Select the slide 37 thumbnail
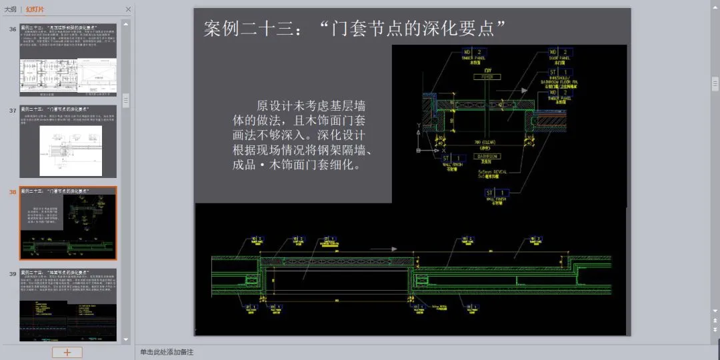pyautogui.click(x=68, y=141)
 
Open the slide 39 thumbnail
pyautogui.click(x=68, y=305)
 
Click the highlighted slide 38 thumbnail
pyautogui.click(x=68, y=223)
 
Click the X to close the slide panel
pyautogui.click(x=128, y=9)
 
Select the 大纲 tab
pyautogui.click(x=11, y=9)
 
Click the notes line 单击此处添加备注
pyautogui.click(x=167, y=352)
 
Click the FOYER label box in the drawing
pyautogui.click(x=487, y=77)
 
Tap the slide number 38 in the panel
pyautogui.click(x=13, y=192)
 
